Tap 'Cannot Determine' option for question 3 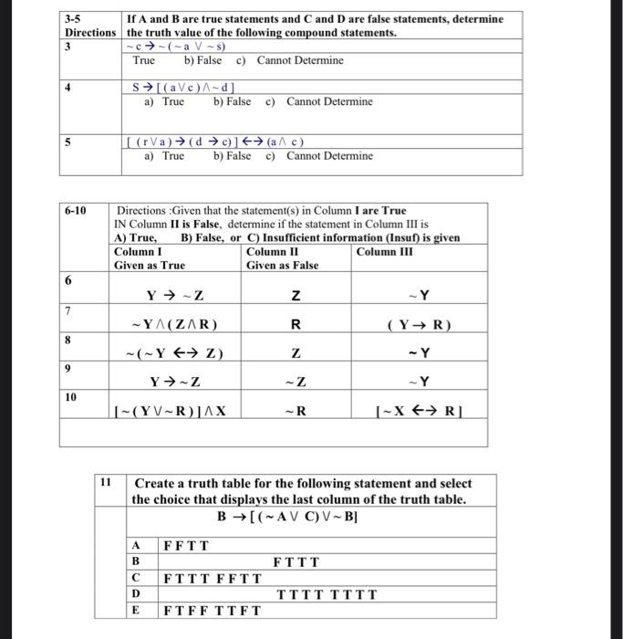tap(300, 60)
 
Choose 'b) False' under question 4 tap(232, 101)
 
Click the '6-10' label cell tap(76, 211)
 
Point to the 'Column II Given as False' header tap(282, 258)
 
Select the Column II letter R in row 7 tap(295, 324)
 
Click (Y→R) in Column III tap(419, 324)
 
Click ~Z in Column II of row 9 tap(294, 382)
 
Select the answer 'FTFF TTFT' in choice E tap(212, 611)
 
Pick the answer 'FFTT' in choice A tap(186, 546)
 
